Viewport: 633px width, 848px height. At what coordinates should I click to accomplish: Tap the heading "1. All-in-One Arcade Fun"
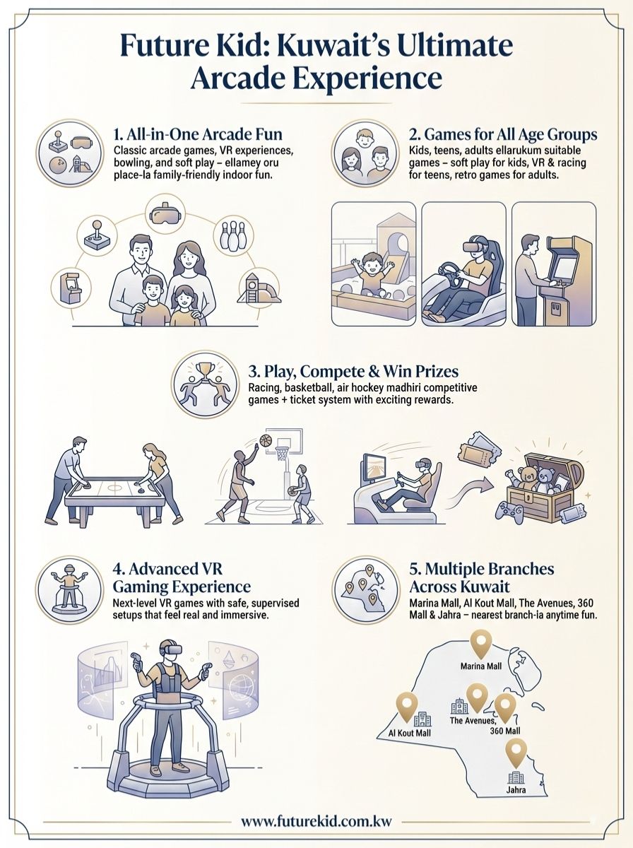pos(198,134)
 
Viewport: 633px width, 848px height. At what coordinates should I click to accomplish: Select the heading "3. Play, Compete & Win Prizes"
pos(353,371)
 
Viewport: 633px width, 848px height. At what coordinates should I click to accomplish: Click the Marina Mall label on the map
pos(481,666)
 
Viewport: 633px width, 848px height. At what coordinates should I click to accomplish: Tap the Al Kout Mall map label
pos(409,733)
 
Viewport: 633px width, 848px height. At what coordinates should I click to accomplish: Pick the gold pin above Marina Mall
pos(481,644)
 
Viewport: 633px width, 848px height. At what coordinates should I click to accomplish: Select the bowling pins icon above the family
pos(233,236)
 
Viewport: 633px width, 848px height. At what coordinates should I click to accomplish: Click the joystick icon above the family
pos(97,235)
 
